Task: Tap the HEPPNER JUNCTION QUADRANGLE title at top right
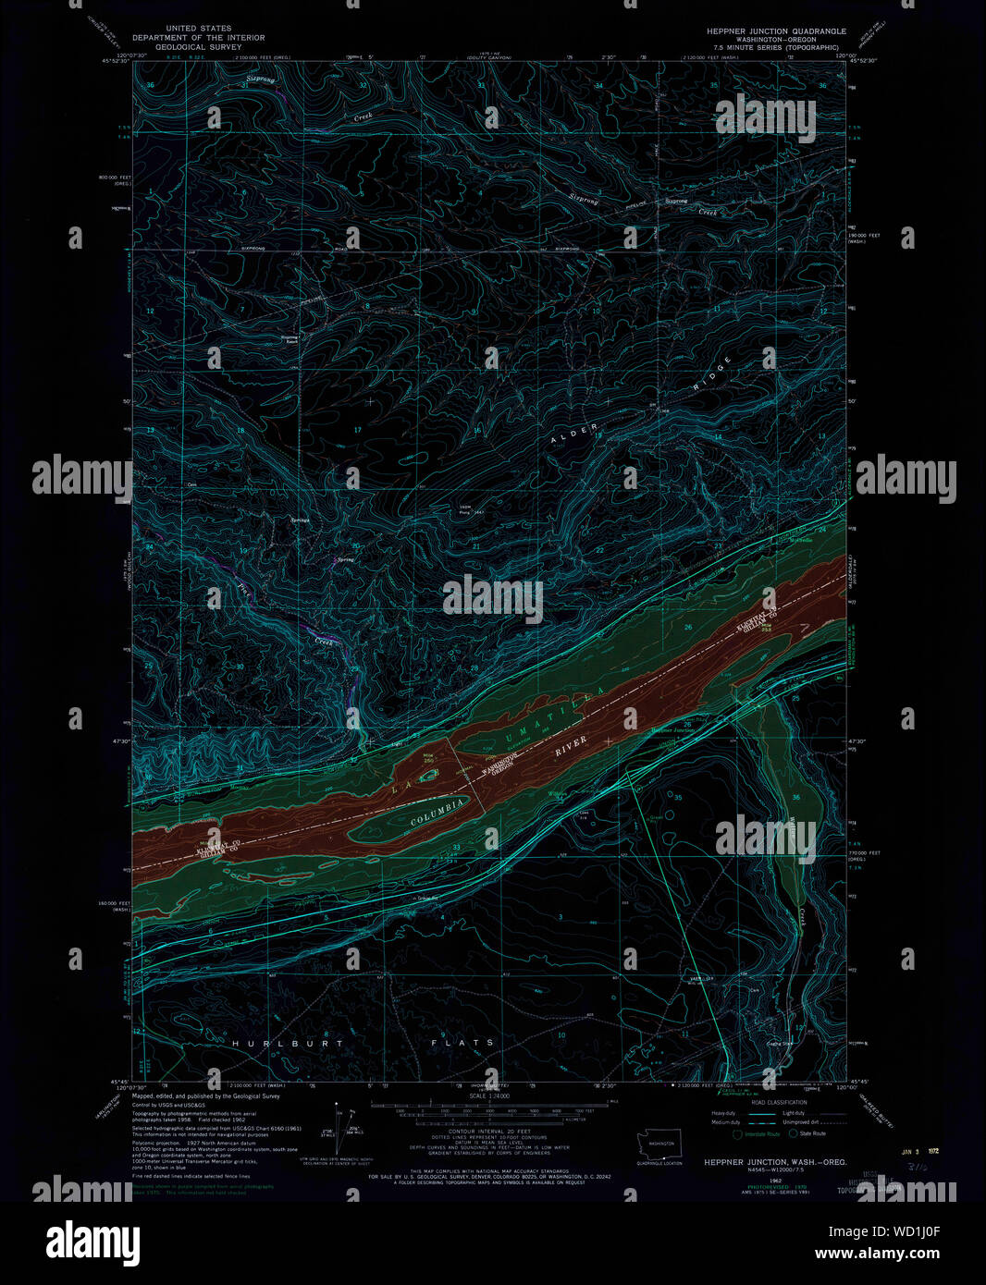click(776, 31)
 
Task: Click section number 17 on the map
click(358, 431)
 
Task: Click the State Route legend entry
click(807, 1133)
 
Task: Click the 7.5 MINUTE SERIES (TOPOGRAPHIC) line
click(776, 46)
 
